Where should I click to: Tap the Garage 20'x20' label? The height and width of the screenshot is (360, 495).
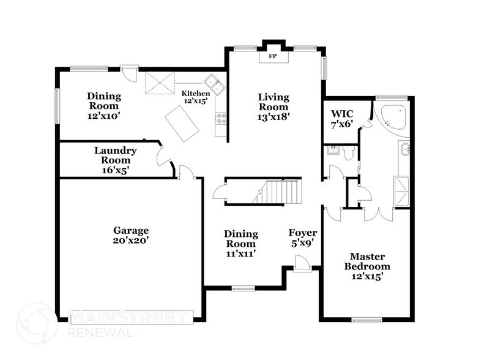click(131, 236)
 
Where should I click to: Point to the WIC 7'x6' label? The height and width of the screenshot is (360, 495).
click(342, 119)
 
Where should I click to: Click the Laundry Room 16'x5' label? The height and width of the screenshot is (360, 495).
click(116, 160)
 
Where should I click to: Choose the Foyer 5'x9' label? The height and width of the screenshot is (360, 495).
click(303, 238)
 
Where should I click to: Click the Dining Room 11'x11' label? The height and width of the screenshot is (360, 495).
click(240, 244)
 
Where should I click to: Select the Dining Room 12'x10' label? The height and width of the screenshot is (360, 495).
click(103, 105)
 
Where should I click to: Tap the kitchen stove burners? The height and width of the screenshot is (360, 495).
click(221, 119)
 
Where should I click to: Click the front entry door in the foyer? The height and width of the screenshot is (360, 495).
click(302, 264)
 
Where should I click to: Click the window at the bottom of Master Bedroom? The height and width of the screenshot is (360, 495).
click(369, 320)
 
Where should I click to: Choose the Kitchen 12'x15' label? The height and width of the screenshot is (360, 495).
click(196, 97)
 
